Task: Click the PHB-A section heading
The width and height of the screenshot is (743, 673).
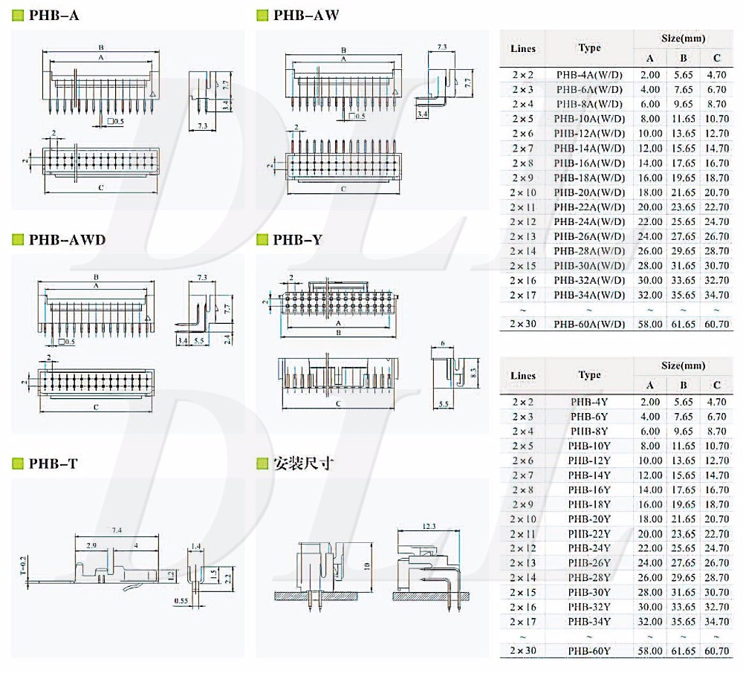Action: coord(53,16)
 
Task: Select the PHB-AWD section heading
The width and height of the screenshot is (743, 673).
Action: coord(67,239)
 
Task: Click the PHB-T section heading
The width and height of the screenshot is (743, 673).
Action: coord(53,464)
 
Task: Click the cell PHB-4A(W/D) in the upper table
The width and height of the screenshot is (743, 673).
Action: coord(589,74)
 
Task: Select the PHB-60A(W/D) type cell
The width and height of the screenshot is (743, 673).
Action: coord(589,324)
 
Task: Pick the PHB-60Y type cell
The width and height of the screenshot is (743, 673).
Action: coord(589,651)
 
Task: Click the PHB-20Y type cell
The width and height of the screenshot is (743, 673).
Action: coord(589,519)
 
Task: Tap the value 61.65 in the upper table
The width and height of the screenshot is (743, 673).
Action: coord(684,324)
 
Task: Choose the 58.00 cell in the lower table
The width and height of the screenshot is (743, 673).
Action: coord(650,651)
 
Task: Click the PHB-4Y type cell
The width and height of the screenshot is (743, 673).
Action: coord(589,402)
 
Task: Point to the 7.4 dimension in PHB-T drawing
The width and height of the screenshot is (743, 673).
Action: coord(117,530)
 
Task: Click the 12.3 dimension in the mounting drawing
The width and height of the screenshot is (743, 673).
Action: coord(429,527)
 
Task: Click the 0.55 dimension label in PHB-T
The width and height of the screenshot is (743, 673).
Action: coord(181,600)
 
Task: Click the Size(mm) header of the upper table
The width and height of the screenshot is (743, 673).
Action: coord(683,38)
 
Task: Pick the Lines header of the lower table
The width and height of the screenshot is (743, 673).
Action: coord(523,376)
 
